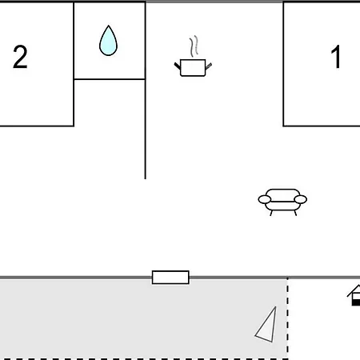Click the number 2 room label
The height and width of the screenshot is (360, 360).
20,57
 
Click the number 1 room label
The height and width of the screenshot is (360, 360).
336,57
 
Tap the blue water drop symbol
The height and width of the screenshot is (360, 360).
108,41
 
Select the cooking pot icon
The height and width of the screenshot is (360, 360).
193,56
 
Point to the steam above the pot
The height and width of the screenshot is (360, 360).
194,46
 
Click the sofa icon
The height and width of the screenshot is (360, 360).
282,202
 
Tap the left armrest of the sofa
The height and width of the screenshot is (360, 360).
265,199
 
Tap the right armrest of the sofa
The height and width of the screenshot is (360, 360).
301,199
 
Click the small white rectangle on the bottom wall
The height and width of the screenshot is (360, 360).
170,278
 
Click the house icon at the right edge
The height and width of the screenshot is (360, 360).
354,295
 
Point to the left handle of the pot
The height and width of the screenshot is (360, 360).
178,66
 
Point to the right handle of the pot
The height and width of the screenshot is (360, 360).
209,66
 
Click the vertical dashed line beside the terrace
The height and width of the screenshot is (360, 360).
288,318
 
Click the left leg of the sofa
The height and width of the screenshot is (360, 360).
271,213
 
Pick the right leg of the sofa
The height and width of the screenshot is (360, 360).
295,213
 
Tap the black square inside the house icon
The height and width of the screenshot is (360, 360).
356,302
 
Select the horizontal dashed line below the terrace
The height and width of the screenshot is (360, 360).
144,359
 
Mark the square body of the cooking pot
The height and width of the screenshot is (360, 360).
193,68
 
